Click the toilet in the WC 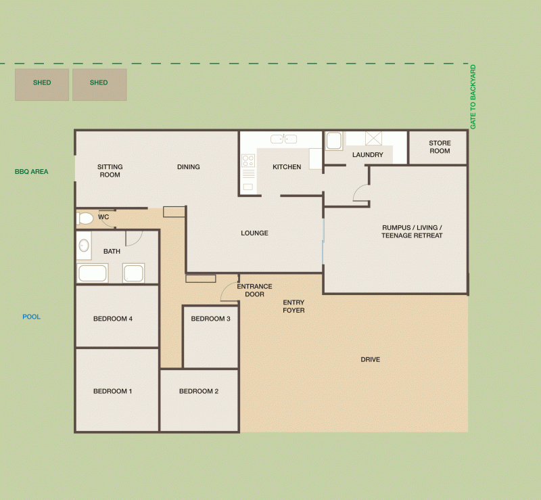point(85,219)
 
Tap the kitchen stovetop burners point(248,161)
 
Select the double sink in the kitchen point(283,139)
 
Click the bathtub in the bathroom point(93,273)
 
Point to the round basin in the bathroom point(84,246)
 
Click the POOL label point(31,317)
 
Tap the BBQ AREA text point(31,172)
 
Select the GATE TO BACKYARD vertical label point(473,97)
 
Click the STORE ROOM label point(440,147)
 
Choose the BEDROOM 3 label point(210,319)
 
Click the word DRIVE point(370,359)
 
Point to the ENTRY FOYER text point(293,306)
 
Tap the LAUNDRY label point(367,155)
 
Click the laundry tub point(334,141)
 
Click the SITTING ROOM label point(110,171)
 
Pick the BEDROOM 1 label point(112,391)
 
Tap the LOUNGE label point(254,233)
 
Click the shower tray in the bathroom point(133,273)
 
